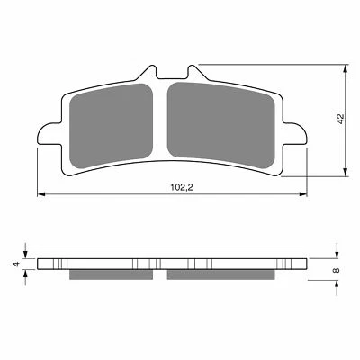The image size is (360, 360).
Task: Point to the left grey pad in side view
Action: coord(113,274)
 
